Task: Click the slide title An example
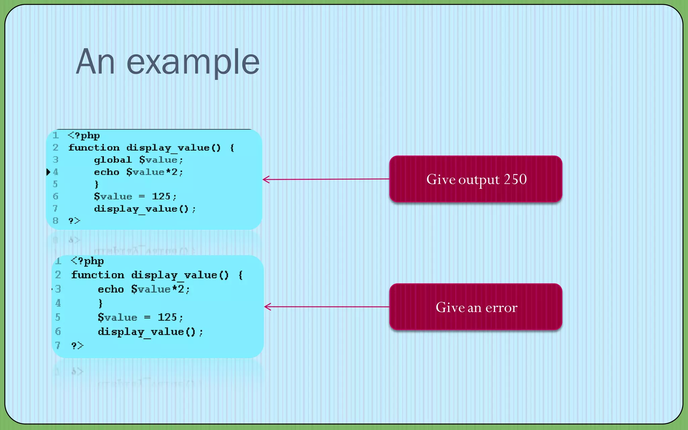(x=168, y=62)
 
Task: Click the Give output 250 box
(x=476, y=179)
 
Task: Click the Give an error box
(x=476, y=307)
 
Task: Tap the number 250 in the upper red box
(x=515, y=179)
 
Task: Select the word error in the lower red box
(x=501, y=307)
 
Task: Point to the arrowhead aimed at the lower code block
(x=267, y=306)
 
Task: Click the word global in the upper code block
(x=113, y=160)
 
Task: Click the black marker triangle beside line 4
(x=48, y=172)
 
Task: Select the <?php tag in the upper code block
(x=84, y=135)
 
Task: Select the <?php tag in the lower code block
(x=87, y=261)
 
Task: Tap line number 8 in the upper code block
(x=55, y=221)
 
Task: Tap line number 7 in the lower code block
(x=58, y=345)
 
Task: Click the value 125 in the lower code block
(x=167, y=317)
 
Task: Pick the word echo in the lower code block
(x=111, y=289)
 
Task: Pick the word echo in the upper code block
(x=106, y=172)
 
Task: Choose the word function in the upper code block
(x=94, y=148)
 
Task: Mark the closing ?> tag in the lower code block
(x=77, y=345)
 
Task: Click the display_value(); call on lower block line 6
(x=150, y=332)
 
